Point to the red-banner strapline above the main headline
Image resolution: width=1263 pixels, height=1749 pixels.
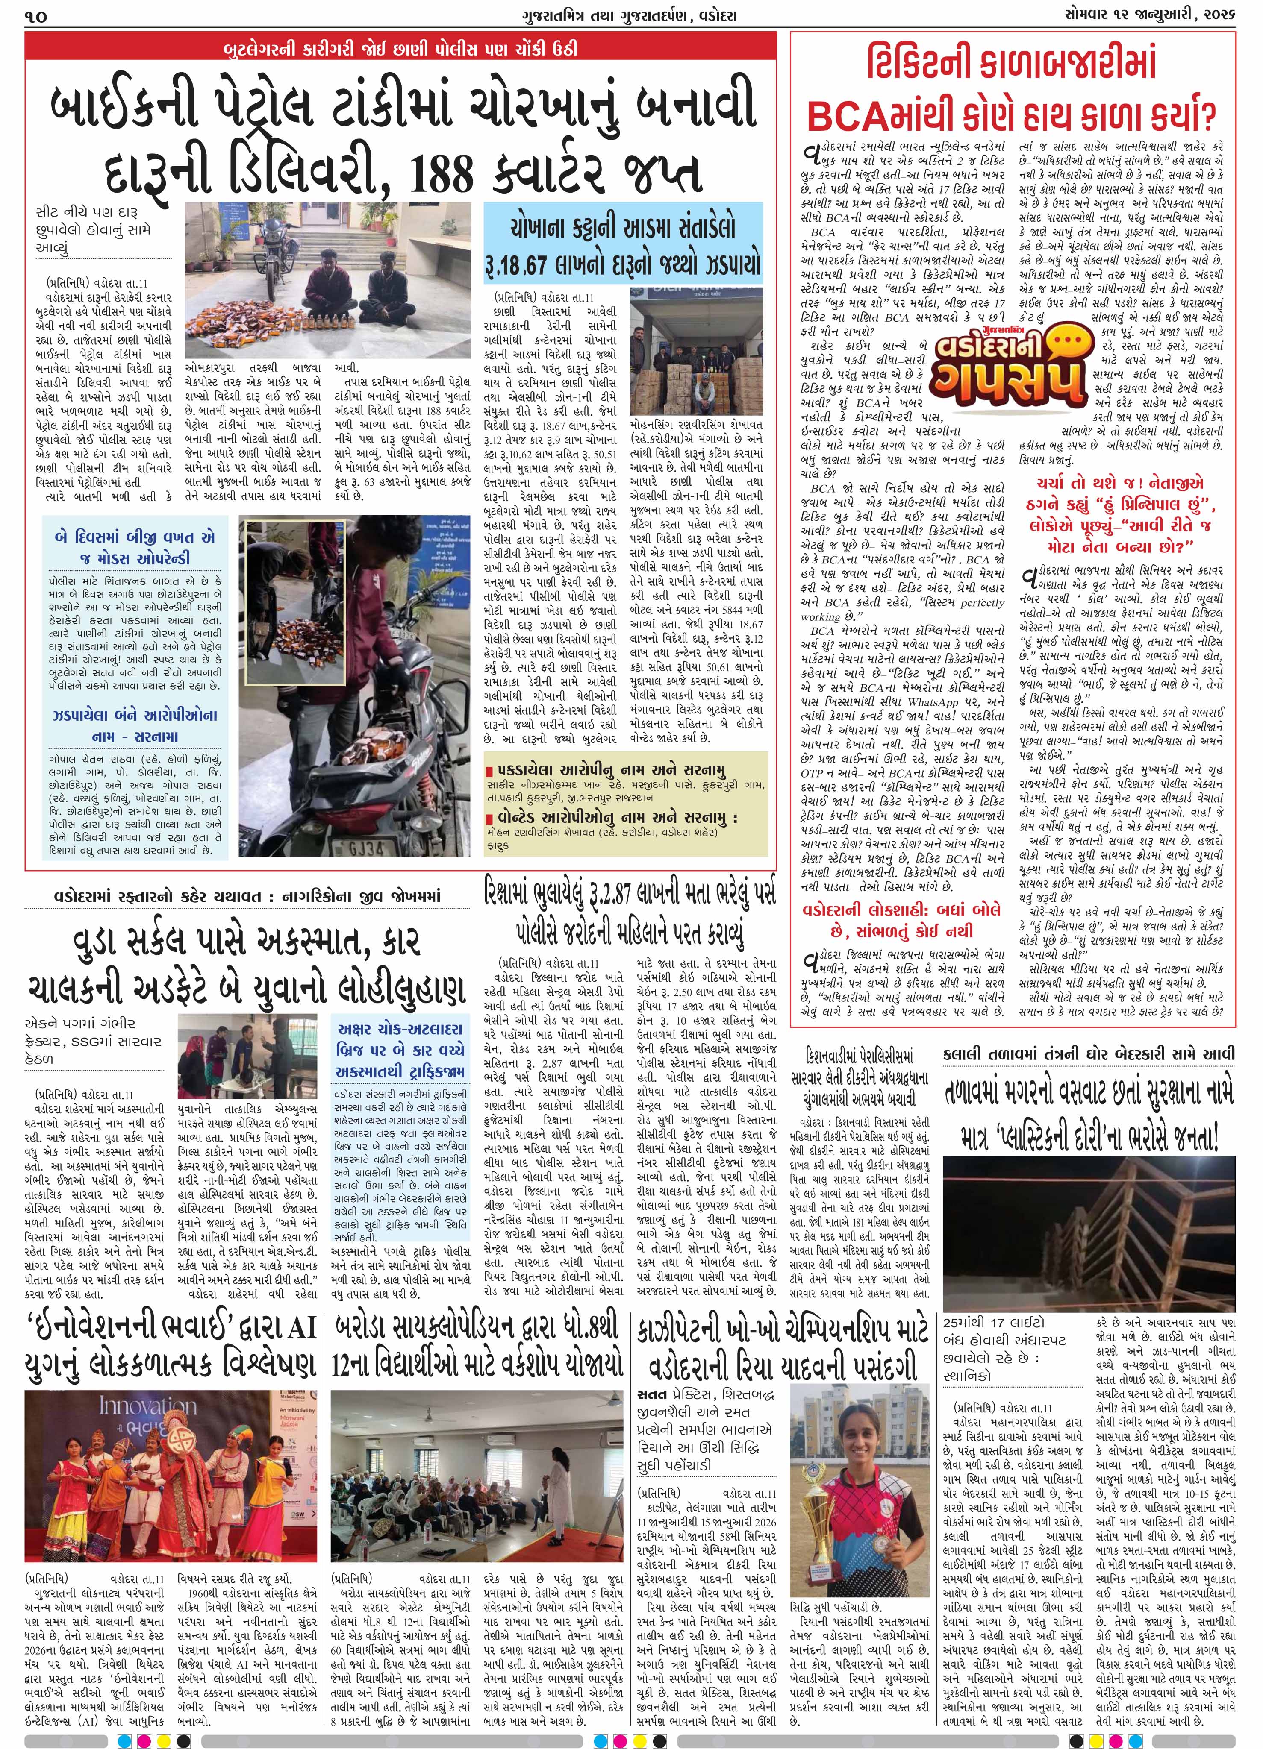point(400,50)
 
